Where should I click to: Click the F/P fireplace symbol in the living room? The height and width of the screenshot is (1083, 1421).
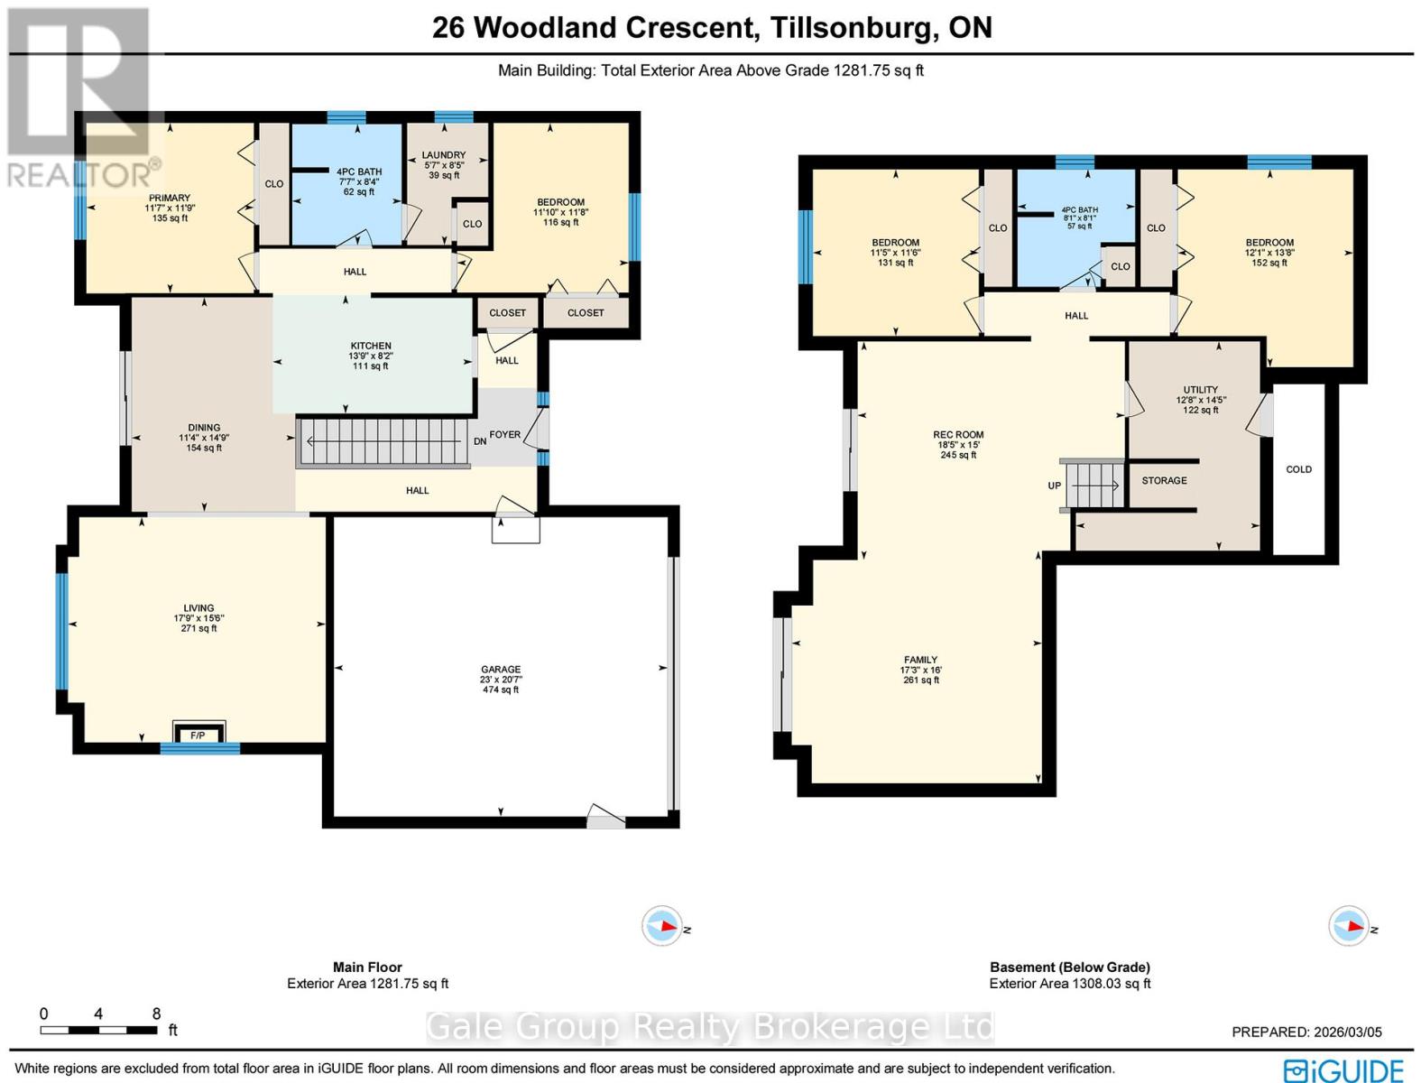(x=198, y=735)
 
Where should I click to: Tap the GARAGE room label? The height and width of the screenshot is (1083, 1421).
(x=500, y=670)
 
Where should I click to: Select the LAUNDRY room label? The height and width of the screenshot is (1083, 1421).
(x=444, y=155)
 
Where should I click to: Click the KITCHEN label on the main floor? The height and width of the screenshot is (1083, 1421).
(x=371, y=346)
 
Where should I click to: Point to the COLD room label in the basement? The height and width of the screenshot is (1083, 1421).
(x=1298, y=469)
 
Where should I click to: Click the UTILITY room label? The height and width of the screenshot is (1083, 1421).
(x=1200, y=390)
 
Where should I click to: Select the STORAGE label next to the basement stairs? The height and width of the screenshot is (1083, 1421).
(x=1164, y=480)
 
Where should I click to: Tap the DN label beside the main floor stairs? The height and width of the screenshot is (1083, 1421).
(x=481, y=440)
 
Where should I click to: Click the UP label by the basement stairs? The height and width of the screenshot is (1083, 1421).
(x=1054, y=486)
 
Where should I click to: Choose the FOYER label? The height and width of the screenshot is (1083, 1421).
(x=504, y=434)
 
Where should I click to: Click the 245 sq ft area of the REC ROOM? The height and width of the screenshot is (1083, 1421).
(x=958, y=455)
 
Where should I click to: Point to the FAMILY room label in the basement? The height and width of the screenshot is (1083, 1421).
(x=920, y=660)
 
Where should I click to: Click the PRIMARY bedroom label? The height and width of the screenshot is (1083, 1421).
(x=170, y=199)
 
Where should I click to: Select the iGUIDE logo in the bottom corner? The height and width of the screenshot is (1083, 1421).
(x=1344, y=1069)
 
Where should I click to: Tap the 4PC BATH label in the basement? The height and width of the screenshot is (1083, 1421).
(x=1080, y=210)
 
